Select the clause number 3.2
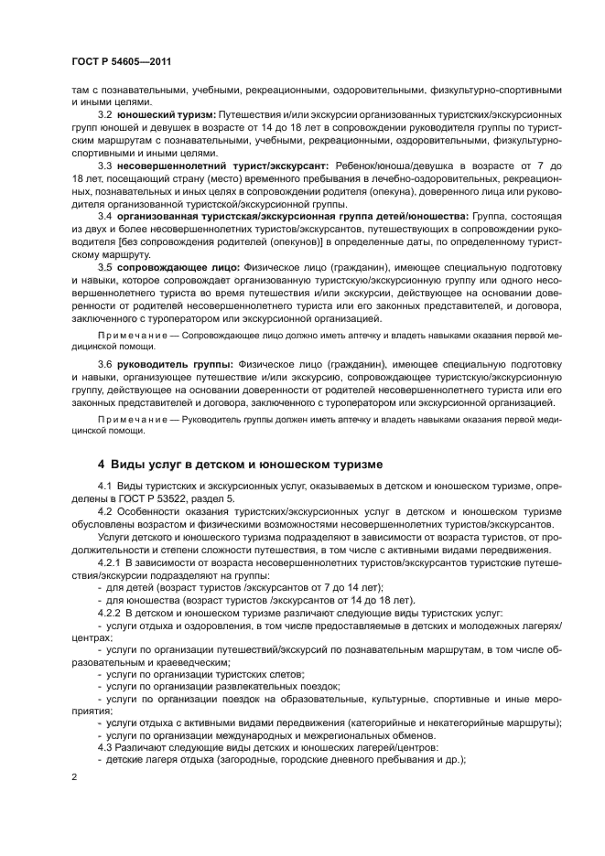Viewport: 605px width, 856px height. click(105, 114)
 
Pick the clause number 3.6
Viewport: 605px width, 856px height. click(105, 363)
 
